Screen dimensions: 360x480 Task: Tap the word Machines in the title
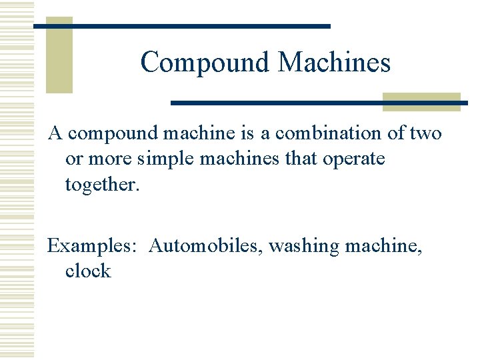pos(334,63)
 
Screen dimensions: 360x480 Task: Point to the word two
pos(426,133)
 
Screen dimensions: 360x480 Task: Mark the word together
pos(102,185)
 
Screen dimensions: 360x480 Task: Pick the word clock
pos(88,271)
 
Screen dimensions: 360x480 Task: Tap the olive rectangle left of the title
pos(59,55)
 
